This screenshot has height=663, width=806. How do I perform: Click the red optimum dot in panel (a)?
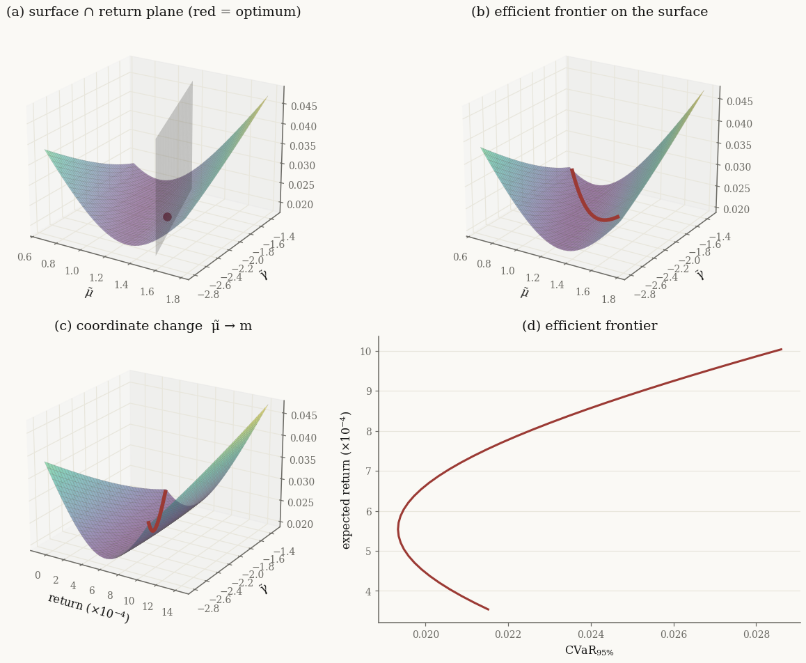pyautogui.click(x=167, y=217)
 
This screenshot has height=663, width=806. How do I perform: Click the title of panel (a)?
pyautogui.click(x=154, y=12)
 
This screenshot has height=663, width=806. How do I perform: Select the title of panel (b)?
pyautogui.click(x=590, y=12)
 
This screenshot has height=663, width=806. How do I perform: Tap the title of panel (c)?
pyautogui.click(x=153, y=326)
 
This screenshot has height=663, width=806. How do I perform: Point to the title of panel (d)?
pyautogui.click(x=590, y=326)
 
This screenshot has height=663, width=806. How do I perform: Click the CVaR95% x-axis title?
pyautogui.click(x=590, y=651)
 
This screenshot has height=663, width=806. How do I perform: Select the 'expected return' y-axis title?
pyautogui.click(x=347, y=480)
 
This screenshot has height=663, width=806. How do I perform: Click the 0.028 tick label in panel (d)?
pyautogui.click(x=757, y=634)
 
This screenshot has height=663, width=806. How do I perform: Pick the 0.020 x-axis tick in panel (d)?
pyautogui.click(x=426, y=634)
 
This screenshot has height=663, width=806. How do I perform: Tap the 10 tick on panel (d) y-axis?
pyautogui.click(x=366, y=352)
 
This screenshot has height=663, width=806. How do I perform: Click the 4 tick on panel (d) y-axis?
pyautogui.click(x=368, y=591)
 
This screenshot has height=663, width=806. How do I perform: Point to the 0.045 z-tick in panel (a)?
pyautogui.click(x=303, y=107)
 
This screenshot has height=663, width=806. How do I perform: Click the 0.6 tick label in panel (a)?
pyautogui.click(x=24, y=257)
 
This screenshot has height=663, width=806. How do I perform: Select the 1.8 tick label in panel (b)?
pyautogui.click(x=608, y=299)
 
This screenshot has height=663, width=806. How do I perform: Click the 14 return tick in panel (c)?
pyautogui.click(x=167, y=612)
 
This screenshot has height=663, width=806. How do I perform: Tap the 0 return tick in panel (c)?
pyautogui.click(x=38, y=575)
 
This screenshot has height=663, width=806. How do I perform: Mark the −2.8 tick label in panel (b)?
pyautogui.click(x=645, y=294)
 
